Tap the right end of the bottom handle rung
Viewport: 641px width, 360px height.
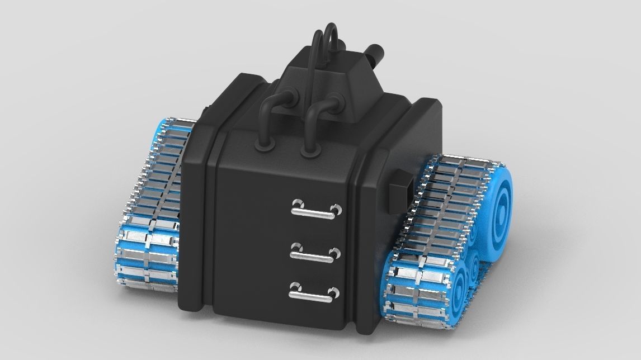(334, 293)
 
